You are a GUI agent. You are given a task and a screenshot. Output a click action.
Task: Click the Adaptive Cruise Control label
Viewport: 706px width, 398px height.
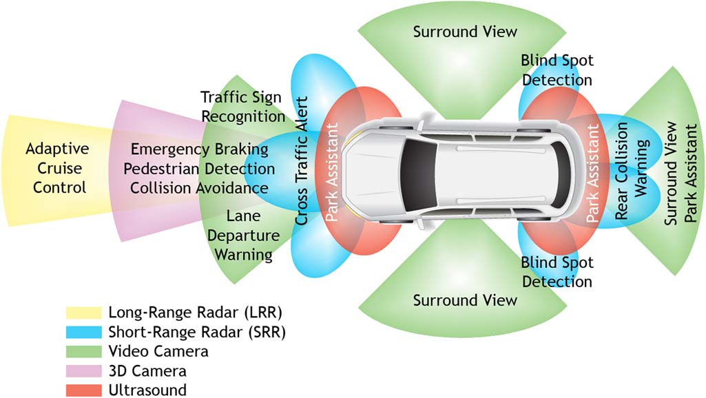(x=56, y=168)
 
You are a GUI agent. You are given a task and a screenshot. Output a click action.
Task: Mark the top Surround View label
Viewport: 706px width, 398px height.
(x=465, y=32)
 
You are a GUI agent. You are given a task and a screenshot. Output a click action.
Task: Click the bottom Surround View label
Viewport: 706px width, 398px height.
(x=465, y=300)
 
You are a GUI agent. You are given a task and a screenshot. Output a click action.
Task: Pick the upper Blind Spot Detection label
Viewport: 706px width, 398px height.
(x=557, y=70)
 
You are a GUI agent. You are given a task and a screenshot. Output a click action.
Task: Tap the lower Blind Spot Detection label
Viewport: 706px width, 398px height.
(x=557, y=272)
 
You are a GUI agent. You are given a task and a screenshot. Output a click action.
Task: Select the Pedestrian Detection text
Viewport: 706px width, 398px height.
(x=202, y=169)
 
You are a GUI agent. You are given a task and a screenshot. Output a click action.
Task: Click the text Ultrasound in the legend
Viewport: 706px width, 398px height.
(x=147, y=390)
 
